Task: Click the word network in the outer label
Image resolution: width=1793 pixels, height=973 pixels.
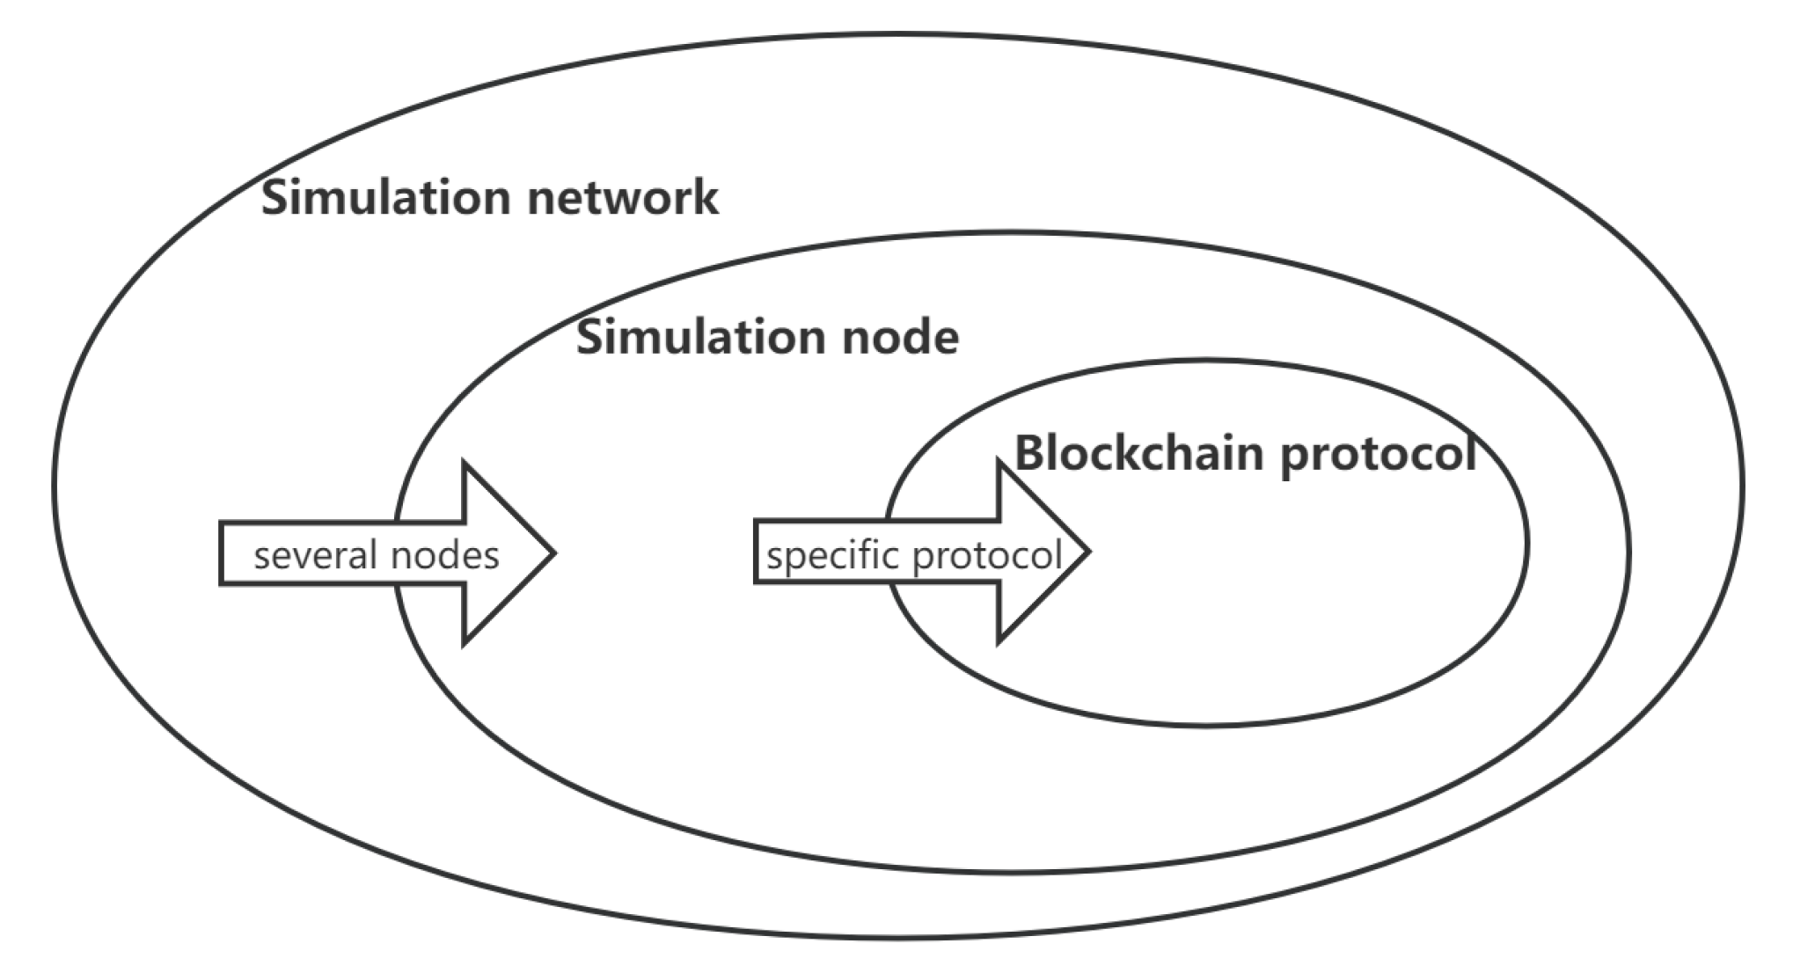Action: point(623,197)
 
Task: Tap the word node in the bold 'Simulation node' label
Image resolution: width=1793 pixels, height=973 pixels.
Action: point(900,338)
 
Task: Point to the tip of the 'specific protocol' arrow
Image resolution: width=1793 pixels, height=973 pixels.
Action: point(1088,552)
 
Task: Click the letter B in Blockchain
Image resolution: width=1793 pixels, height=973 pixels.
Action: point(1031,454)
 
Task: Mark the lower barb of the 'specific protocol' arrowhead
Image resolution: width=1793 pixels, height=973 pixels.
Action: point(1000,640)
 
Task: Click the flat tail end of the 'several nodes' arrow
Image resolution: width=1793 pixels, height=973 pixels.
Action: point(222,553)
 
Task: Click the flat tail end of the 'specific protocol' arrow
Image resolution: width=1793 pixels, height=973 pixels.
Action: point(757,552)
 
